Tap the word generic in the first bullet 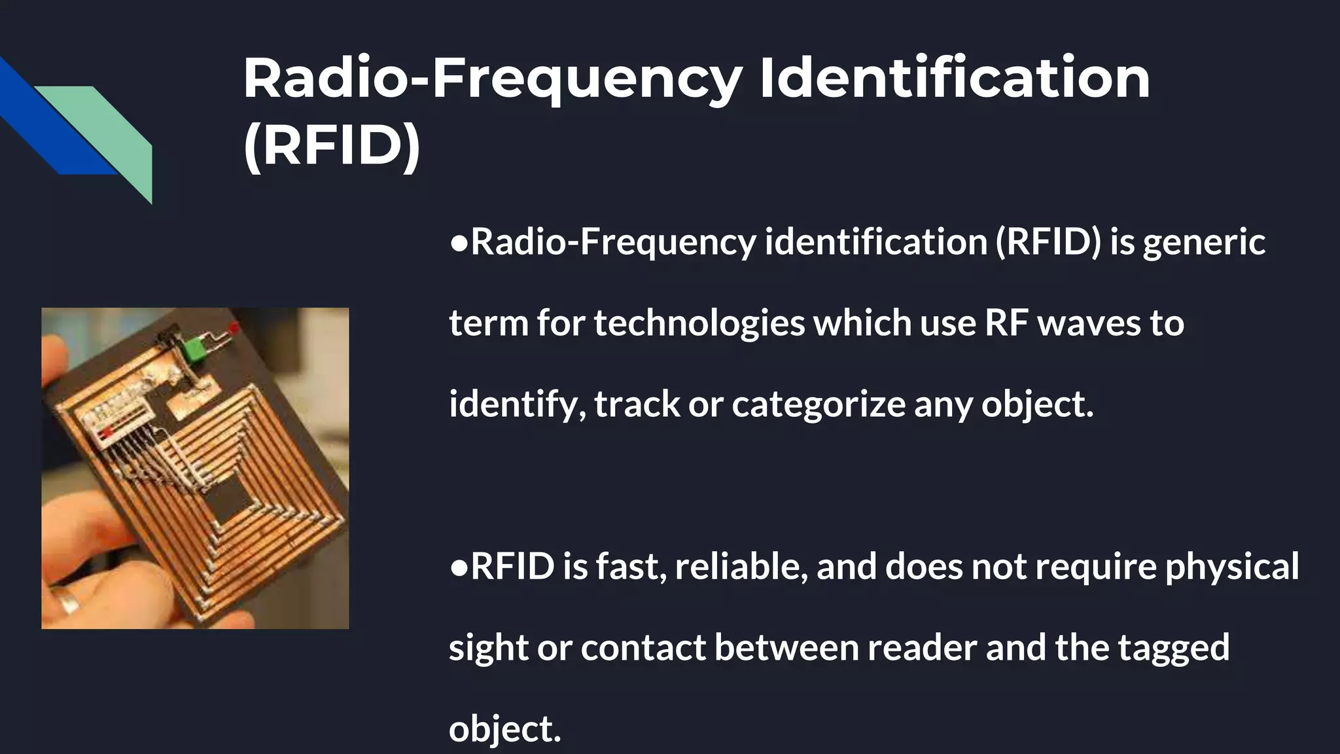click(x=1204, y=242)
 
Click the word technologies click(x=699, y=323)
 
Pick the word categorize click(x=818, y=404)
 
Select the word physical click(x=1231, y=566)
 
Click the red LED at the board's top click(x=234, y=326)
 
